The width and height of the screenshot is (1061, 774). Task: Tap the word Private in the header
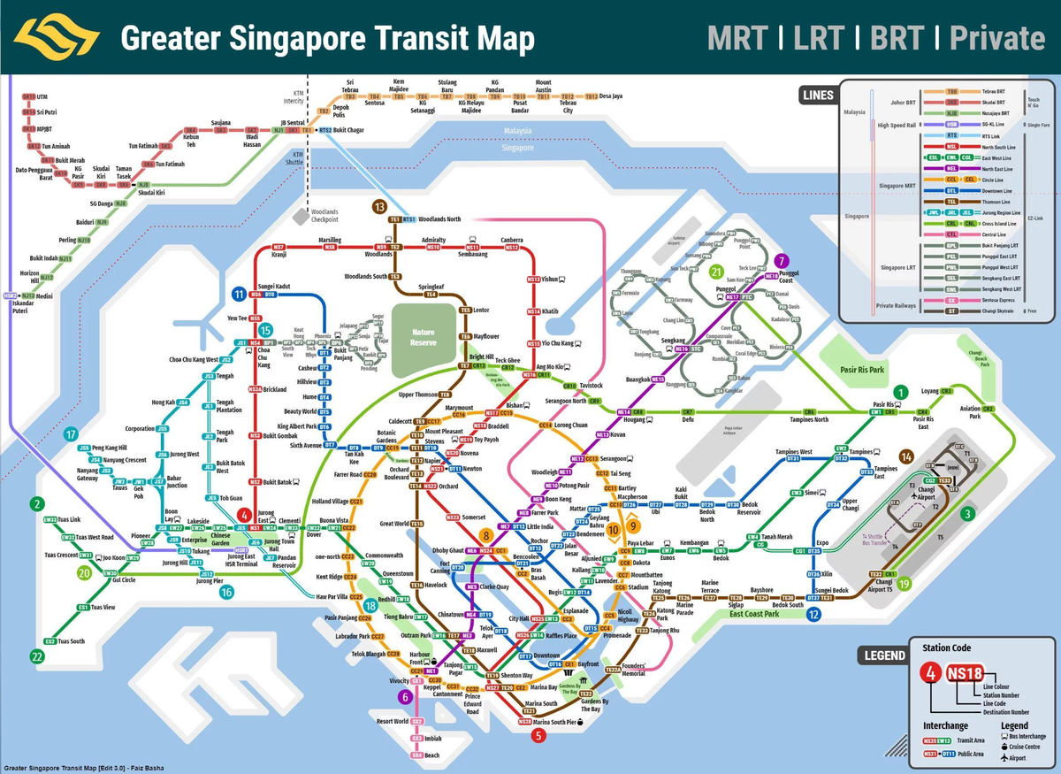tap(997, 38)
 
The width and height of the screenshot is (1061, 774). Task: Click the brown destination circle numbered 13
tap(379, 207)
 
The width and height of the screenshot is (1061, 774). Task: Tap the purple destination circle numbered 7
tap(780, 261)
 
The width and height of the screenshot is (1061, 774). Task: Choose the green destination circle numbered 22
tap(36, 655)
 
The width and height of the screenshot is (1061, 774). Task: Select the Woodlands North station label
tap(439, 218)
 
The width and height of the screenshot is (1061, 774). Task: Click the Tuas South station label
tap(72, 641)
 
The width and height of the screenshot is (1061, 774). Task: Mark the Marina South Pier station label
tap(554, 723)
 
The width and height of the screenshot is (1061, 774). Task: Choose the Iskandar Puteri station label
tap(21, 307)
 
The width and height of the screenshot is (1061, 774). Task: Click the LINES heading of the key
tap(818, 95)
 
